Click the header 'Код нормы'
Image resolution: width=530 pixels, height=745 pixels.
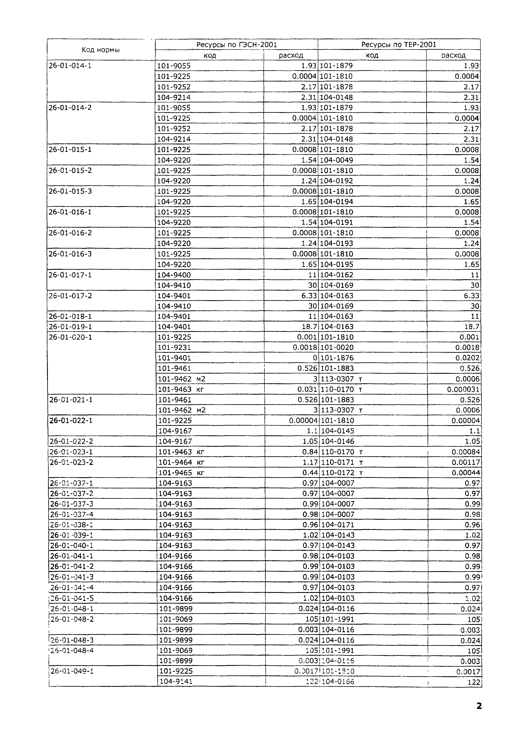101,50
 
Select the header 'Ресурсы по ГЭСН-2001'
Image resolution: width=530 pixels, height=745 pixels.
237,45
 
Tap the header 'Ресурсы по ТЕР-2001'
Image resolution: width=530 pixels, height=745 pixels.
399,45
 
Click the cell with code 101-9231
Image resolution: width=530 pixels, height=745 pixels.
174,348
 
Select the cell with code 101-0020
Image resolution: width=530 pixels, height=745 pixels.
336,348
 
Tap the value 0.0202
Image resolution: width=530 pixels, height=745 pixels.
467,358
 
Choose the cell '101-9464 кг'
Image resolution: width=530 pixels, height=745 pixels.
181,462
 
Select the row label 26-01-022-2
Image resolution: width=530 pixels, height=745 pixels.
71,441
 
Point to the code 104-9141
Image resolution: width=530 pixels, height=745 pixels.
176,681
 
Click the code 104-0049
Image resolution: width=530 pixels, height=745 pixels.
336,160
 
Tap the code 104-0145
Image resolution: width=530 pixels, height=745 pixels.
338,431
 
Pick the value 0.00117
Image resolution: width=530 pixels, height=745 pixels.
466,462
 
